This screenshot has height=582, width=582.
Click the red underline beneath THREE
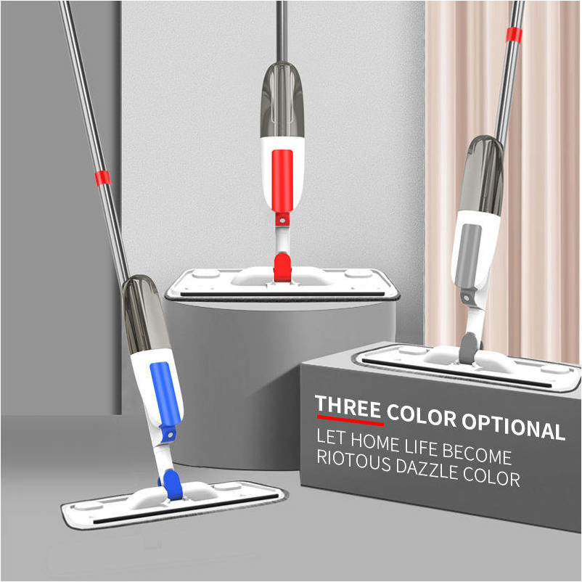coord(350,420)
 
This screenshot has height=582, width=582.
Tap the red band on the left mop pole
coord(102,177)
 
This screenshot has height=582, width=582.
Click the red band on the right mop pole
coord(514,33)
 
